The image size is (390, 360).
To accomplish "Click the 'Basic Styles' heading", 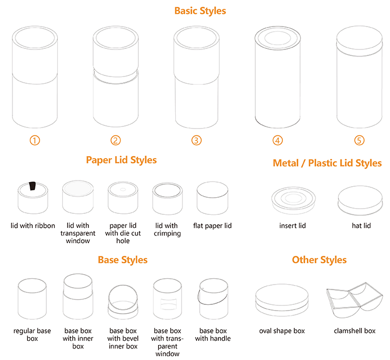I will point(200,11).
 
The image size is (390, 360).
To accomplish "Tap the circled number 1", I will point(35,140).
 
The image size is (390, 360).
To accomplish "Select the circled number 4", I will point(278,140).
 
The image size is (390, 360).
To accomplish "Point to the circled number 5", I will point(359,140).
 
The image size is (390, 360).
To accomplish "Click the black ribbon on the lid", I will point(32,186).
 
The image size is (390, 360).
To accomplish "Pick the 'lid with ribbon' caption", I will point(33,226).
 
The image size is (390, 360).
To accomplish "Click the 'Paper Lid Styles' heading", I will point(121,160).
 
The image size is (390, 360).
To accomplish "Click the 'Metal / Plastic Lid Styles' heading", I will point(327,163).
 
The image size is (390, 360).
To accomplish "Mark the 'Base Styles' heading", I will point(123,260).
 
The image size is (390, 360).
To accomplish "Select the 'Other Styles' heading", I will point(319,260).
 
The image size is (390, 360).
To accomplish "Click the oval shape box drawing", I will point(282,302).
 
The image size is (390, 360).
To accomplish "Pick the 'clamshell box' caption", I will point(355,331).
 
